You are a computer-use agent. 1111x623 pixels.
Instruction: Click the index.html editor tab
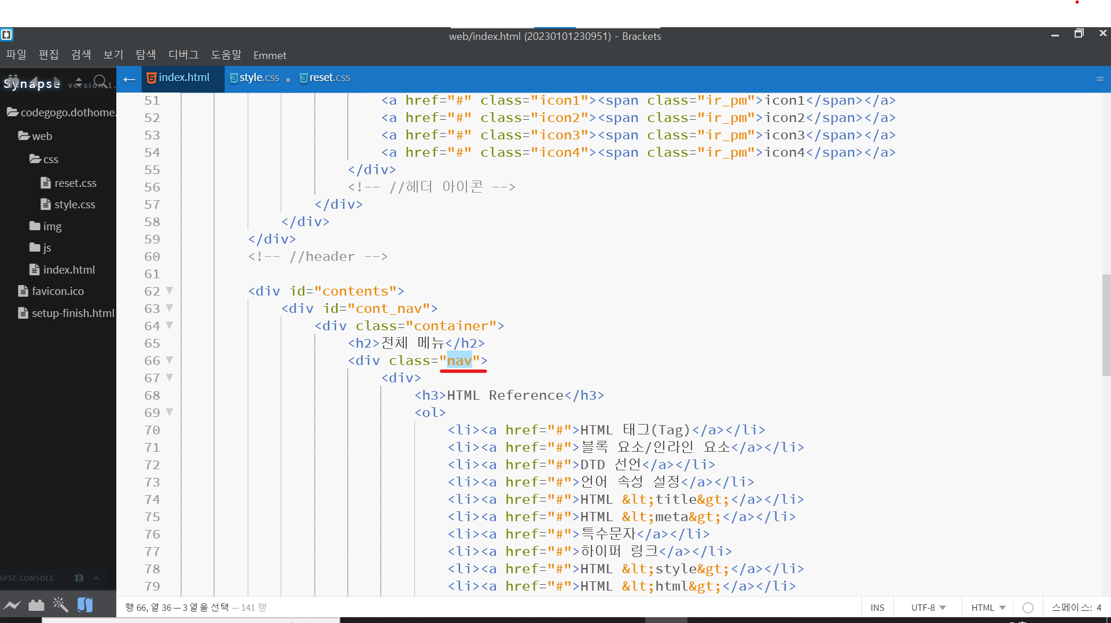(183, 78)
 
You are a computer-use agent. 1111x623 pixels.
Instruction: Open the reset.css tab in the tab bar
(329, 78)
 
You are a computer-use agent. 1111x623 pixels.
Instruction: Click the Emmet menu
(270, 56)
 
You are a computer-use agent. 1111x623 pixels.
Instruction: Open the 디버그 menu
(183, 55)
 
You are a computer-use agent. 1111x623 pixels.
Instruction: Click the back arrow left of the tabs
(129, 79)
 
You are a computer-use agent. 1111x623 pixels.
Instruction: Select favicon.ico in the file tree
(57, 291)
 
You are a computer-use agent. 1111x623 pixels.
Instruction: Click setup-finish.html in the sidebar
(73, 313)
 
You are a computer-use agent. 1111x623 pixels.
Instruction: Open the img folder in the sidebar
(51, 226)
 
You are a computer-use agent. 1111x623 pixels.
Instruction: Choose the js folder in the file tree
(47, 248)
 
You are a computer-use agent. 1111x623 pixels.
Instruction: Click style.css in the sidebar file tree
(74, 204)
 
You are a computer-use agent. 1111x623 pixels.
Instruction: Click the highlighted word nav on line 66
(459, 360)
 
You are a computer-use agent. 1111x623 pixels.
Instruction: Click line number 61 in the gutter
(152, 274)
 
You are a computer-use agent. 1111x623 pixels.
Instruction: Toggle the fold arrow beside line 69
(170, 412)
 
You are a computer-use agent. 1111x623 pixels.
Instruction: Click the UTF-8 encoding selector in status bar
(928, 607)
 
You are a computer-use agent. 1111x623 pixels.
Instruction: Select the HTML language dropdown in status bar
(988, 607)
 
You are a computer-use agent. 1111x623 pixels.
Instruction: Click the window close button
(1103, 34)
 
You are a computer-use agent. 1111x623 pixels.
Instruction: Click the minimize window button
(1055, 35)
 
